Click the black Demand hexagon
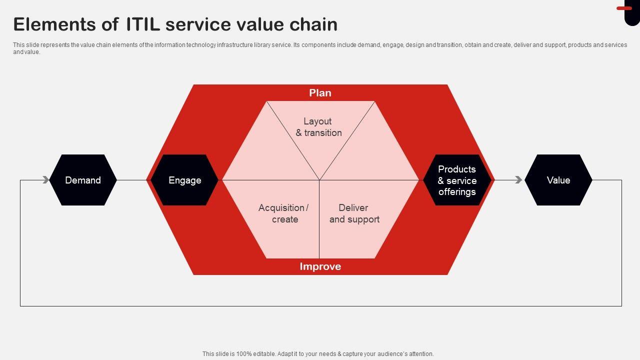coord(83,180)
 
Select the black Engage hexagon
coord(184,180)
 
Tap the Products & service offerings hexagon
coord(457,180)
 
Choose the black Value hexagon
coord(558,180)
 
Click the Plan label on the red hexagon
coord(320,93)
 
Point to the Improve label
coord(320,266)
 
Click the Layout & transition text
coord(318,127)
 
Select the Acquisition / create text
coord(284,213)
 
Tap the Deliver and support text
coord(354,213)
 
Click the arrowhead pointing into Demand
coord(46,180)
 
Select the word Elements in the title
coord(62,24)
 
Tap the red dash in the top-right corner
coord(624,8)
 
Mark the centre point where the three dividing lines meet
coord(319,180)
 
